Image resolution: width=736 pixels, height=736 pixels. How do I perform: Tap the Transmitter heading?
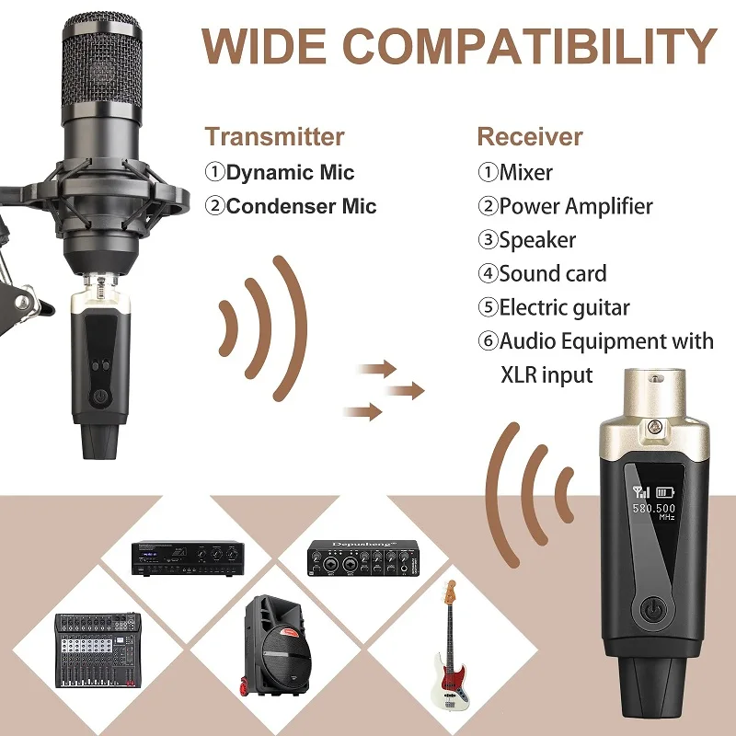pos(274,137)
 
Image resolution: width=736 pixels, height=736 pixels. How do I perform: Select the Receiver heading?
pos(529,137)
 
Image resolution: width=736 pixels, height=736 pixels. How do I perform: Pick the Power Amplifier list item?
pos(575,206)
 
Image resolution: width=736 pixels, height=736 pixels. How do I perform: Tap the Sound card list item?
pos(553,273)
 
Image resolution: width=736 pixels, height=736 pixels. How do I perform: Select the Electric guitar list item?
pos(564,307)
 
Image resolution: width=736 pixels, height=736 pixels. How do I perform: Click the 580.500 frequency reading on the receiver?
pos(653,508)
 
